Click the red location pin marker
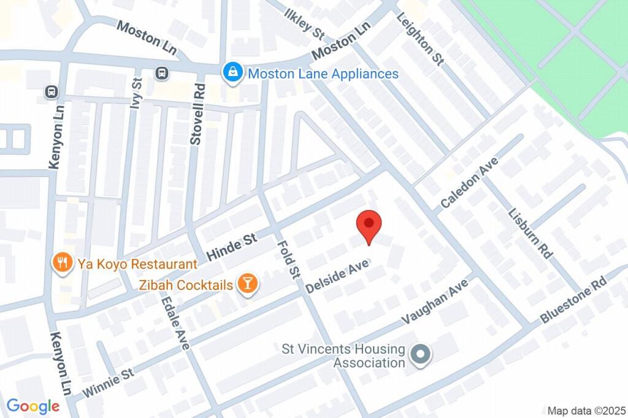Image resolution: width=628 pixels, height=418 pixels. point(369,226)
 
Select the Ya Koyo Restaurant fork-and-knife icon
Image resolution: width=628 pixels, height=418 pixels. point(61,264)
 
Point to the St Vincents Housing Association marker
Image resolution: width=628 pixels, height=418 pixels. point(421,354)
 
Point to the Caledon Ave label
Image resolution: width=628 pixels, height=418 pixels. point(469,183)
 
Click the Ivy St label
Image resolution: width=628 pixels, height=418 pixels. point(136,93)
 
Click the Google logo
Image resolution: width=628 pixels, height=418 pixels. point(33,406)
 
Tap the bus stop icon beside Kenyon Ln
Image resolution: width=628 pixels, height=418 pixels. point(52,92)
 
